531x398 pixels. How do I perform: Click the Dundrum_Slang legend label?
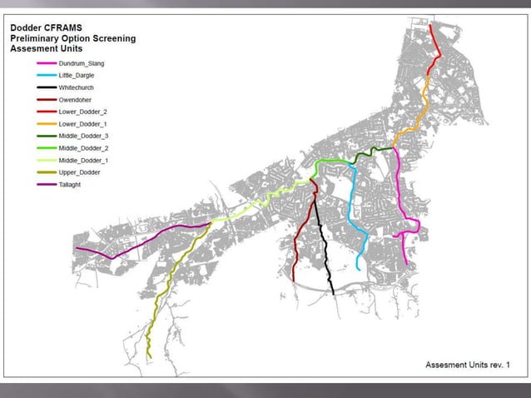(82, 63)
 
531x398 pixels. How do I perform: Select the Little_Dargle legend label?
(77, 75)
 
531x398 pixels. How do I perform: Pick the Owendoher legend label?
(76, 99)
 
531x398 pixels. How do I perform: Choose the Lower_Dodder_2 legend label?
(82, 111)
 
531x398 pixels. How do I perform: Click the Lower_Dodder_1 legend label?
(82, 123)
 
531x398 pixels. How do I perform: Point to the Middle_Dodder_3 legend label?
(83, 135)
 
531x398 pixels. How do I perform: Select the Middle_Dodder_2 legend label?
(83, 147)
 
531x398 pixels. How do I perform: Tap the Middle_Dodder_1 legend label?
(83, 159)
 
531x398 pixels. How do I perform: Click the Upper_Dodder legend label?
(80, 172)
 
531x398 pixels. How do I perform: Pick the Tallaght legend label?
(71, 183)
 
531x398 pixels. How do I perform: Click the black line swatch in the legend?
(46, 87)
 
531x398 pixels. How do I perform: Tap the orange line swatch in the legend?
(46, 123)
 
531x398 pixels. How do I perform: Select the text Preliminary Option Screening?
(72, 38)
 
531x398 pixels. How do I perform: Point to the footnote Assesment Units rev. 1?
(467, 365)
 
